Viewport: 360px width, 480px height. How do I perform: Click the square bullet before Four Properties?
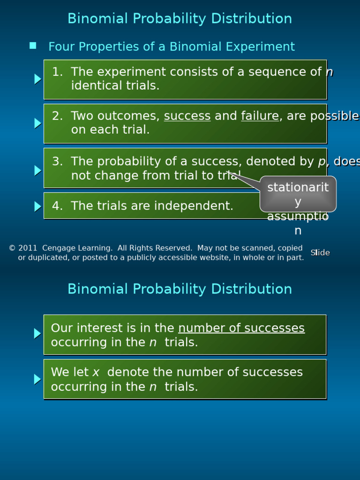[x=33, y=45]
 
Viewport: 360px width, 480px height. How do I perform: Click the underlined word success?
[x=187, y=116]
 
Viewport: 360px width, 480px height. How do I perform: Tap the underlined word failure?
[x=260, y=116]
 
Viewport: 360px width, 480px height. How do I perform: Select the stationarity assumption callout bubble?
[x=298, y=194]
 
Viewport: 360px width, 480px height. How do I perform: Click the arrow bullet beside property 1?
[x=37, y=79]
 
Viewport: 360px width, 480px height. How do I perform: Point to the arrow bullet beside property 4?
[x=37, y=206]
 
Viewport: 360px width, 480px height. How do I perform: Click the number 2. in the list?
[x=57, y=116]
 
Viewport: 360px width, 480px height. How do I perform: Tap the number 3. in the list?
[x=57, y=161]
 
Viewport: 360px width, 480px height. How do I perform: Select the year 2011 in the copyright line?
[x=27, y=248]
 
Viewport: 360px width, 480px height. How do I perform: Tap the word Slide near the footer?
[x=320, y=253]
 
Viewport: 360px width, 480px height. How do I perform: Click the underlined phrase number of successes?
[x=241, y=328]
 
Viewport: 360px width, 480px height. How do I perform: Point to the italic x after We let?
[x=96, y=373]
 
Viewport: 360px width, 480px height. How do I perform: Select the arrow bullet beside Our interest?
[x=37, y=334]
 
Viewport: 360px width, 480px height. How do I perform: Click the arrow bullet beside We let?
[x=37, y=379]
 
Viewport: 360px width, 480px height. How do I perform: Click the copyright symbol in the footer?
[x=12, y=248]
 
